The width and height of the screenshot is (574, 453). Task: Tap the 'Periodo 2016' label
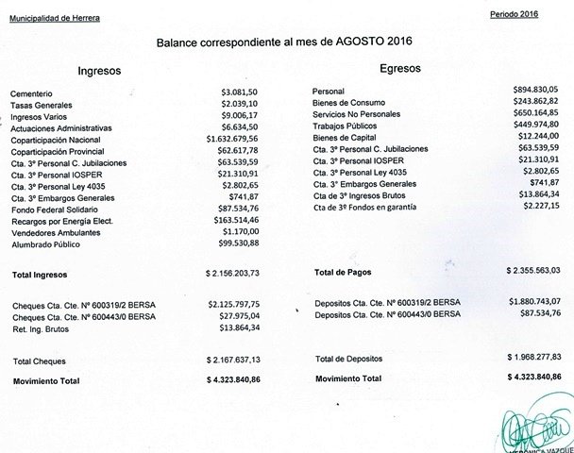515,16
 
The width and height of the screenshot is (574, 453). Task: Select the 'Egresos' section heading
401,69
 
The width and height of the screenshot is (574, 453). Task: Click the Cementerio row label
32,92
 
